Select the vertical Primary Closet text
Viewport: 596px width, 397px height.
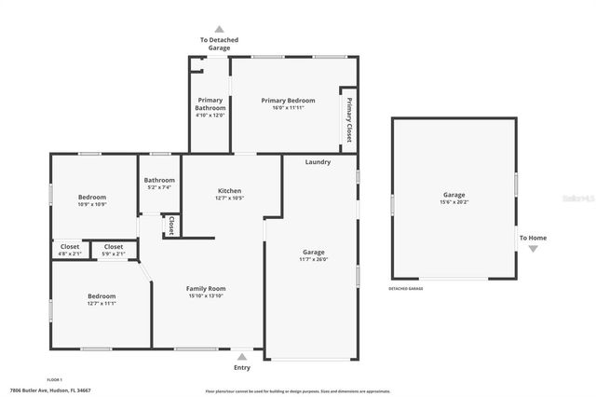pyautogui.click(x=349, y=119)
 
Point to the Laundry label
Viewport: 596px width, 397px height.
pyautogui.click(x=318, y=162)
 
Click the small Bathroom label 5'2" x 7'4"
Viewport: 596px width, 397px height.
pyautogui.click(x=159, y=184)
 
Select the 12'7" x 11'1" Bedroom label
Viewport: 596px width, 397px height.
pyautogui.click(x=101, y=299)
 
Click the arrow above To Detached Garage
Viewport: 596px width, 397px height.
pyautogui.click(x=220, y=29)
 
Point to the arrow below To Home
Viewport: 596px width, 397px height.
pyautogui.click(x=533, y=249)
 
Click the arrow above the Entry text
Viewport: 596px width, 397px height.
pyautogui.click(x=242, y=355)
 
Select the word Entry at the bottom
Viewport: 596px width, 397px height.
pyautogui.click(x=242, y=367)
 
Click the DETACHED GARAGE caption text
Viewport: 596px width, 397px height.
pyautogui.click(x=405, y=288)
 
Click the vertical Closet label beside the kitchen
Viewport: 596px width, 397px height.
pyautogui.click(x=172, y=226)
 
